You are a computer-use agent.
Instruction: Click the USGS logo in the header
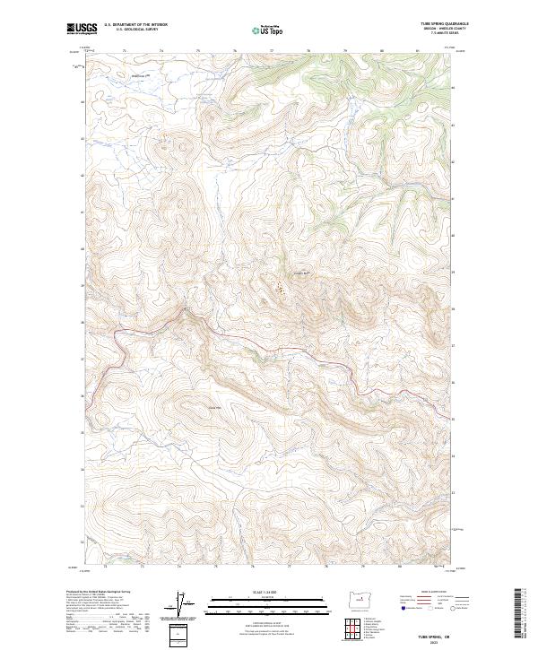83,29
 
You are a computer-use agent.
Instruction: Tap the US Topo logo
258,30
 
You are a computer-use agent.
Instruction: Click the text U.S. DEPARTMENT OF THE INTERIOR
135,24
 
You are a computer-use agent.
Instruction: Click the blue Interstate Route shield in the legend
404,609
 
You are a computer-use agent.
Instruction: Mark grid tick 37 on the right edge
454,344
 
